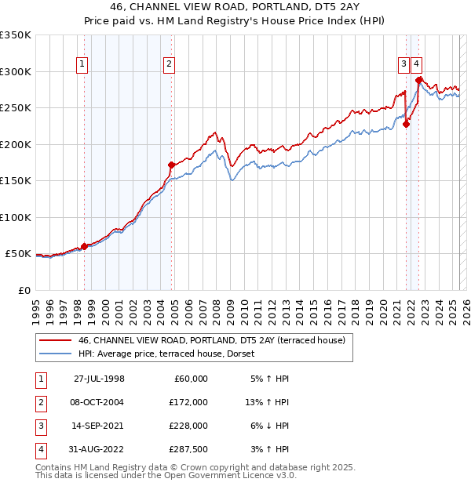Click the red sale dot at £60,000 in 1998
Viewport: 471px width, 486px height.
[x=85, y=246]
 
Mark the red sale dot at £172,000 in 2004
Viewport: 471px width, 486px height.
[x=171, y=165]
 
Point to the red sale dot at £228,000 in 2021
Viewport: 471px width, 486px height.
[x=407, y=124]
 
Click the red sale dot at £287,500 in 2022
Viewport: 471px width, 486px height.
[x=419, y=80]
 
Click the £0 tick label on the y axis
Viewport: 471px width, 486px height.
[x=24, y=290]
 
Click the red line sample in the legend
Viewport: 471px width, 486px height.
[x=55, y=341]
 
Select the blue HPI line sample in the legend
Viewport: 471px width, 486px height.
[x=55, y=354]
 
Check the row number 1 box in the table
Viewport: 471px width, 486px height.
[x=38, y=379]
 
